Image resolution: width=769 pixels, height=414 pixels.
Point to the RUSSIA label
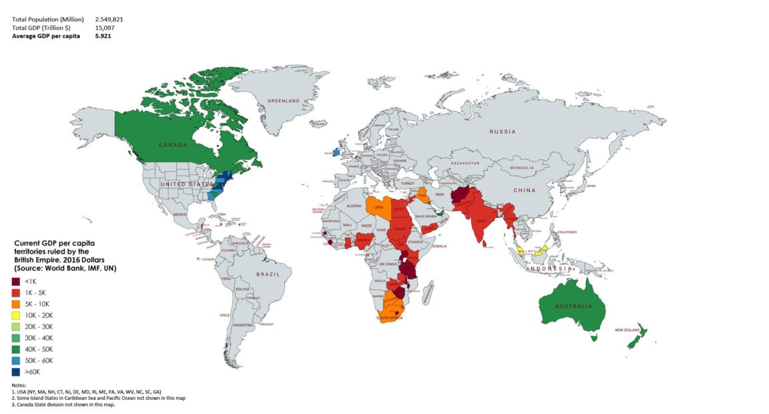pos(502,132)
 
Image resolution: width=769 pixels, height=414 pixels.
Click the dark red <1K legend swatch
pos(16,282)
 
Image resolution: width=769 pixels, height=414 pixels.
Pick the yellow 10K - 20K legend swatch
pos(16,315)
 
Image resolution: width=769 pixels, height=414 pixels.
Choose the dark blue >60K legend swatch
pos(16,372)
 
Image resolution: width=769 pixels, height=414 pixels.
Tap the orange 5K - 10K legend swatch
pos(16,304)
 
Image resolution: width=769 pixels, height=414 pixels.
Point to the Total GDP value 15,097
pos(104,27)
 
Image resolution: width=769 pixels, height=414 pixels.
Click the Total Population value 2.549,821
pos(109,19)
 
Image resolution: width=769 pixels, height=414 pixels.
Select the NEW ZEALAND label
pos(628,330)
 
